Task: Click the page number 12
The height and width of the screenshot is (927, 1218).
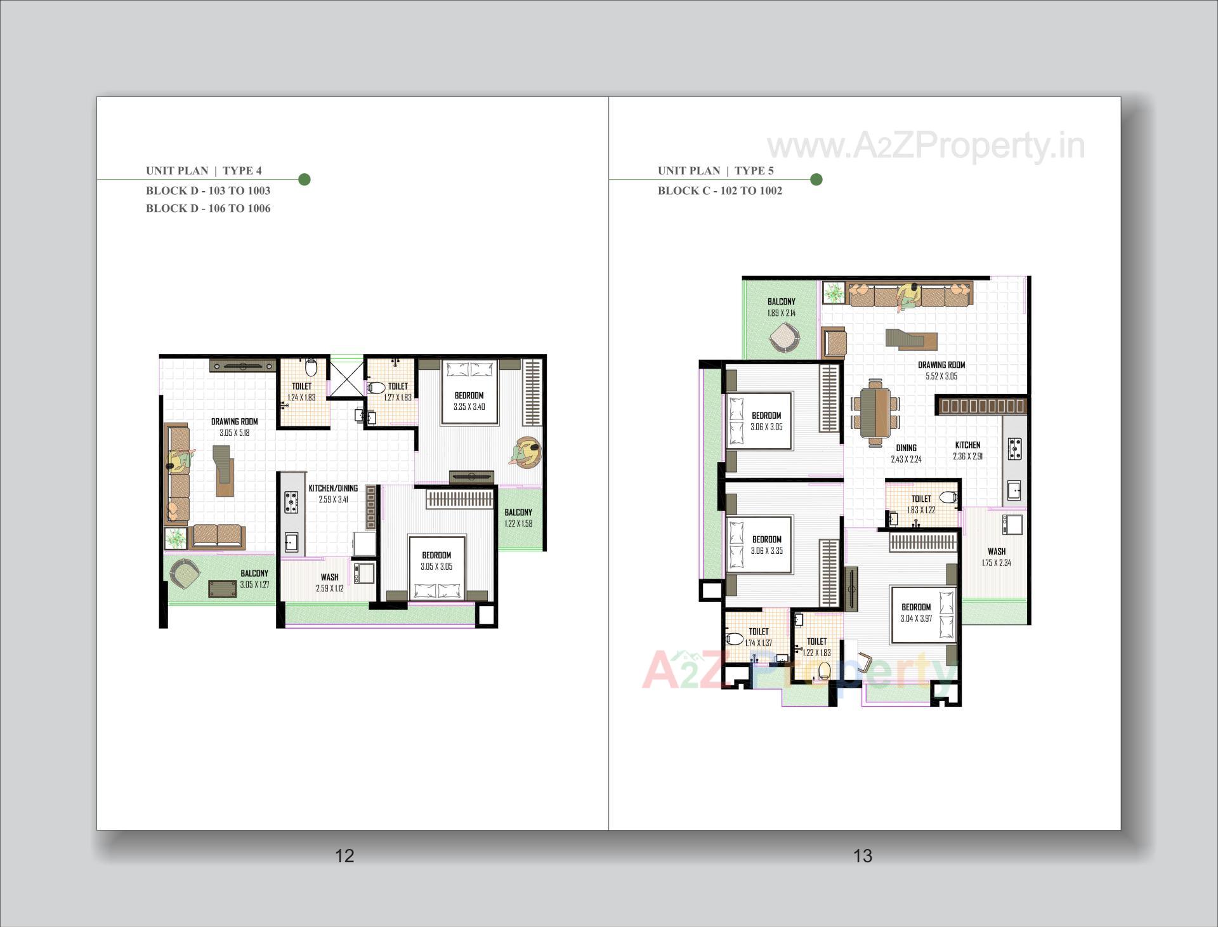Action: (x=344, y=856)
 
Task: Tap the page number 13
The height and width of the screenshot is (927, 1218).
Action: (x=863, y=856)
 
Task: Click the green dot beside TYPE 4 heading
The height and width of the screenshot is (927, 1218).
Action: (x=304, y=180)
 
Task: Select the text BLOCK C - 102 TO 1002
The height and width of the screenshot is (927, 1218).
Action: (x=719, y=190)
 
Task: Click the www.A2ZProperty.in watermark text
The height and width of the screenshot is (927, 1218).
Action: (x=926, y=147)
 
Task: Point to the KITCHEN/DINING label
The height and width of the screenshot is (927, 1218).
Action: (x=333, y=488)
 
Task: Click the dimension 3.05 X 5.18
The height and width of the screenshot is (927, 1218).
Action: (x=234, y=433)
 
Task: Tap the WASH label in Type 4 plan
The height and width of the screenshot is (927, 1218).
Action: (x=329, y=577)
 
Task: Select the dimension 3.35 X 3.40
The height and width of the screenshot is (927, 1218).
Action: (x=469, y=407)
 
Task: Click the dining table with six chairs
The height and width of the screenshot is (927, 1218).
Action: (x=875, y=412)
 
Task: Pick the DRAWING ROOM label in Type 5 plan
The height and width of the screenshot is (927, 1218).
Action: (x=941, y=365)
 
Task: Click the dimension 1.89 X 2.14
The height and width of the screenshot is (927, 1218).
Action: (x=781, y=313)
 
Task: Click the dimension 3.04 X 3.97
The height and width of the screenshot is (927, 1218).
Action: (x=915, y=618)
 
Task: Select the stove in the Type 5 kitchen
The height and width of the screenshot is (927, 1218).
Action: (x=1015, y=449)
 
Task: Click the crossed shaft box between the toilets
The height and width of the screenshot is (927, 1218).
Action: (x=346, y=378)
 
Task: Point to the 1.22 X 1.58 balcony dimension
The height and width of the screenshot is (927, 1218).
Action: (x=518, y=523)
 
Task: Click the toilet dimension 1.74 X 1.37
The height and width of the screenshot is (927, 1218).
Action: (x=758, y=643)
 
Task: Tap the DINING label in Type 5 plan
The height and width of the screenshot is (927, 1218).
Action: (x=906, y=448)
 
